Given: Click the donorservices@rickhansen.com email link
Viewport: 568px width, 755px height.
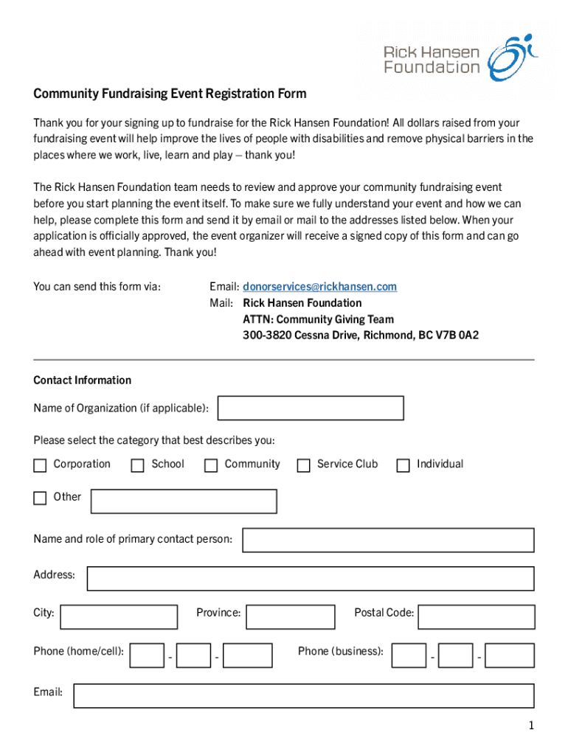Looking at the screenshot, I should point(319,286).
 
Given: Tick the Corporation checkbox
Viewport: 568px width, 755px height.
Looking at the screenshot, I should point(40,465).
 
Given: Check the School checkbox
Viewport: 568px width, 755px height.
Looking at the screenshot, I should point(137,465).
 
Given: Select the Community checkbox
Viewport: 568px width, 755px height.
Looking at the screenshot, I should point(211,465).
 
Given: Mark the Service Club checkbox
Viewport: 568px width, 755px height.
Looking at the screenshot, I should point(303,465).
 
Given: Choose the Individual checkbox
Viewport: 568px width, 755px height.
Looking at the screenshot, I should point(403,465).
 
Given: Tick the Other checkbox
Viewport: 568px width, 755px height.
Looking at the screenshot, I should point(40,498).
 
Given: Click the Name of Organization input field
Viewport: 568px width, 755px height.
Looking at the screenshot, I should point(311,408).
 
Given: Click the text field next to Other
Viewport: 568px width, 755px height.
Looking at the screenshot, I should point(183,501).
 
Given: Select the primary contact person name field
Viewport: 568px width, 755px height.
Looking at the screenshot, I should point(388,540).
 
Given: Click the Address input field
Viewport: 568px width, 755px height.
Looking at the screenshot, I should point(310,578).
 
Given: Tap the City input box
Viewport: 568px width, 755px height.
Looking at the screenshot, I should point(119,616).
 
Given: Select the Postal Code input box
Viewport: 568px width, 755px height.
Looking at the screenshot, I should point(476,616).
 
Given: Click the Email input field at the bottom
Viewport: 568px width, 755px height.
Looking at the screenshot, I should point(303,695).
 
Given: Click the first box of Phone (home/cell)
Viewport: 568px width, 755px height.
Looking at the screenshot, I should point(147,655).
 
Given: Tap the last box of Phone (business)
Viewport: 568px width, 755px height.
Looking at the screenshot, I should point(510,655).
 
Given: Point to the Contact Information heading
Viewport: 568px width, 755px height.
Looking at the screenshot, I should point(83,380).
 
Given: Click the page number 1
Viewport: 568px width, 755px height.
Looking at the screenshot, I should point(530,726).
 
